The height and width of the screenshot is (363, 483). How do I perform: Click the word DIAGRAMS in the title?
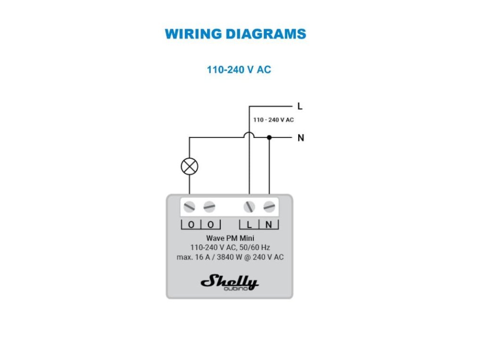tap(265, 34)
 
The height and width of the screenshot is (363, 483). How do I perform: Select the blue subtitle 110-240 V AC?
tap(239, 69)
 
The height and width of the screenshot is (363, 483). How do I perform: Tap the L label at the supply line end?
tap(300, 106)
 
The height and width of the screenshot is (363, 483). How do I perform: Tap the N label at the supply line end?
tap(300, 138)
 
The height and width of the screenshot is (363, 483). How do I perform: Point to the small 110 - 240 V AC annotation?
tap(273, 120)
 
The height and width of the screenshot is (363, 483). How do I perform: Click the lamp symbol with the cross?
tap(190, 166)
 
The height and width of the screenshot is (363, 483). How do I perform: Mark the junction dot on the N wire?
tap(269, 138)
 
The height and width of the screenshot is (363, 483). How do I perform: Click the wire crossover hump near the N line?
tap(249, 136)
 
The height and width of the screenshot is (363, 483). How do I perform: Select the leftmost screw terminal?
tap(190, 207)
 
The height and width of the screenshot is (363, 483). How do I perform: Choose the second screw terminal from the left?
tap(209, 207)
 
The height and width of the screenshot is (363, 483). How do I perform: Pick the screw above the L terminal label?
tap(249, 207)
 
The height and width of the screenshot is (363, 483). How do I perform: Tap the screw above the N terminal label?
tap(269, 207)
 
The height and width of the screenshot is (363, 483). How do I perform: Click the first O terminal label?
tap(191, 225)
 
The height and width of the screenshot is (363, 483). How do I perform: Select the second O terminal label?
tap(211, 225)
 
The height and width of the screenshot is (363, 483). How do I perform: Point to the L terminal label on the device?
tap(249, 225)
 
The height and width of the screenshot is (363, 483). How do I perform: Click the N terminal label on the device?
tap(269, 225)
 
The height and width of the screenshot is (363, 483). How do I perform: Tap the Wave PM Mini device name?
tap(230, 238)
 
